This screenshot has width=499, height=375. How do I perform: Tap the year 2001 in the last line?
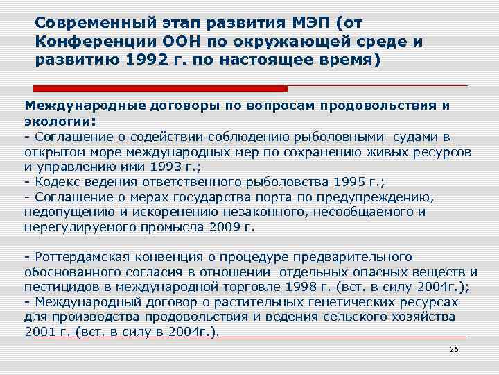[x=40, y=332]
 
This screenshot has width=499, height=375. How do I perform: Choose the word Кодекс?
[x=56, y=182]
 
